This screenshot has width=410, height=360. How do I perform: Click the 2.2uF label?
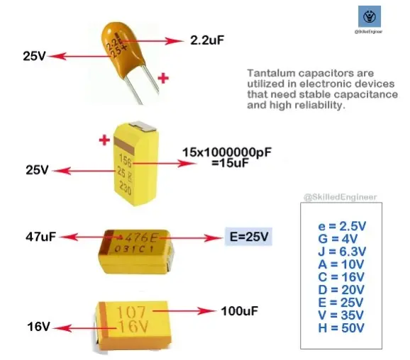pyautogui.click(x=207, y=40)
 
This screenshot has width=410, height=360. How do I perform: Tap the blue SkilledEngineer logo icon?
pyautogui.click(x=369, y=16)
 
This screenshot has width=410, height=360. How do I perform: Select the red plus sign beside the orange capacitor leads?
pyautogui.click(x=163, y=78)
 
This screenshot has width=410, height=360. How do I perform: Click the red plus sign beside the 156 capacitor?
pyautogui.click(x=104, y=140)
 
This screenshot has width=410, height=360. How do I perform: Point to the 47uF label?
pyautogui.click(x=41, y=237)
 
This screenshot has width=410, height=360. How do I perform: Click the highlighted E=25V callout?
pyautogui.click(x=249, y=237)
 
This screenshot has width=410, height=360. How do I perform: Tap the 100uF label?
pyautogui.click(x=240, y=311)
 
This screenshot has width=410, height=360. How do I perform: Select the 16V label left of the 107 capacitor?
pyautogui.click(x=38, y=327)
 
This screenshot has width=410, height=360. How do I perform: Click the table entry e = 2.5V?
pyautogui.click(x=342, y=226)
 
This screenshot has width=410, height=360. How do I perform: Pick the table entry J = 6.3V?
pyautogui.click(x=342, y=252)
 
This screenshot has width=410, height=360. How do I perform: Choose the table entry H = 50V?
pyautogui.click(x=341, y=328)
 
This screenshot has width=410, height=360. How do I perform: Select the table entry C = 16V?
pyautogui.click(x=341, y=277)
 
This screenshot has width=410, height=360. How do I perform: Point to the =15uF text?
pyautogui.click(x=230, y=163)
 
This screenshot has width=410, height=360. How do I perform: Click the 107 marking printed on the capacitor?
pyautogui.click(x=131, y=313)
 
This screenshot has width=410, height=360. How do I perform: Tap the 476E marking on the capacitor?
pyautogui.click(x=141, y=237)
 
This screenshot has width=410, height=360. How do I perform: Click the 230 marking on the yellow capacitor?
pyautogui.click(x=126, y=188)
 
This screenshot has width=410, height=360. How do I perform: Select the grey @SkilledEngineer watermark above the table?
pyautogui.click(x=340, y=197)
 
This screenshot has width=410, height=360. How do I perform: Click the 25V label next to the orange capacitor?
pyautogui.click(x=34, y=56)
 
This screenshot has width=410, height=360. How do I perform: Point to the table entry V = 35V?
pyautogui.click(x=340, y=315)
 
